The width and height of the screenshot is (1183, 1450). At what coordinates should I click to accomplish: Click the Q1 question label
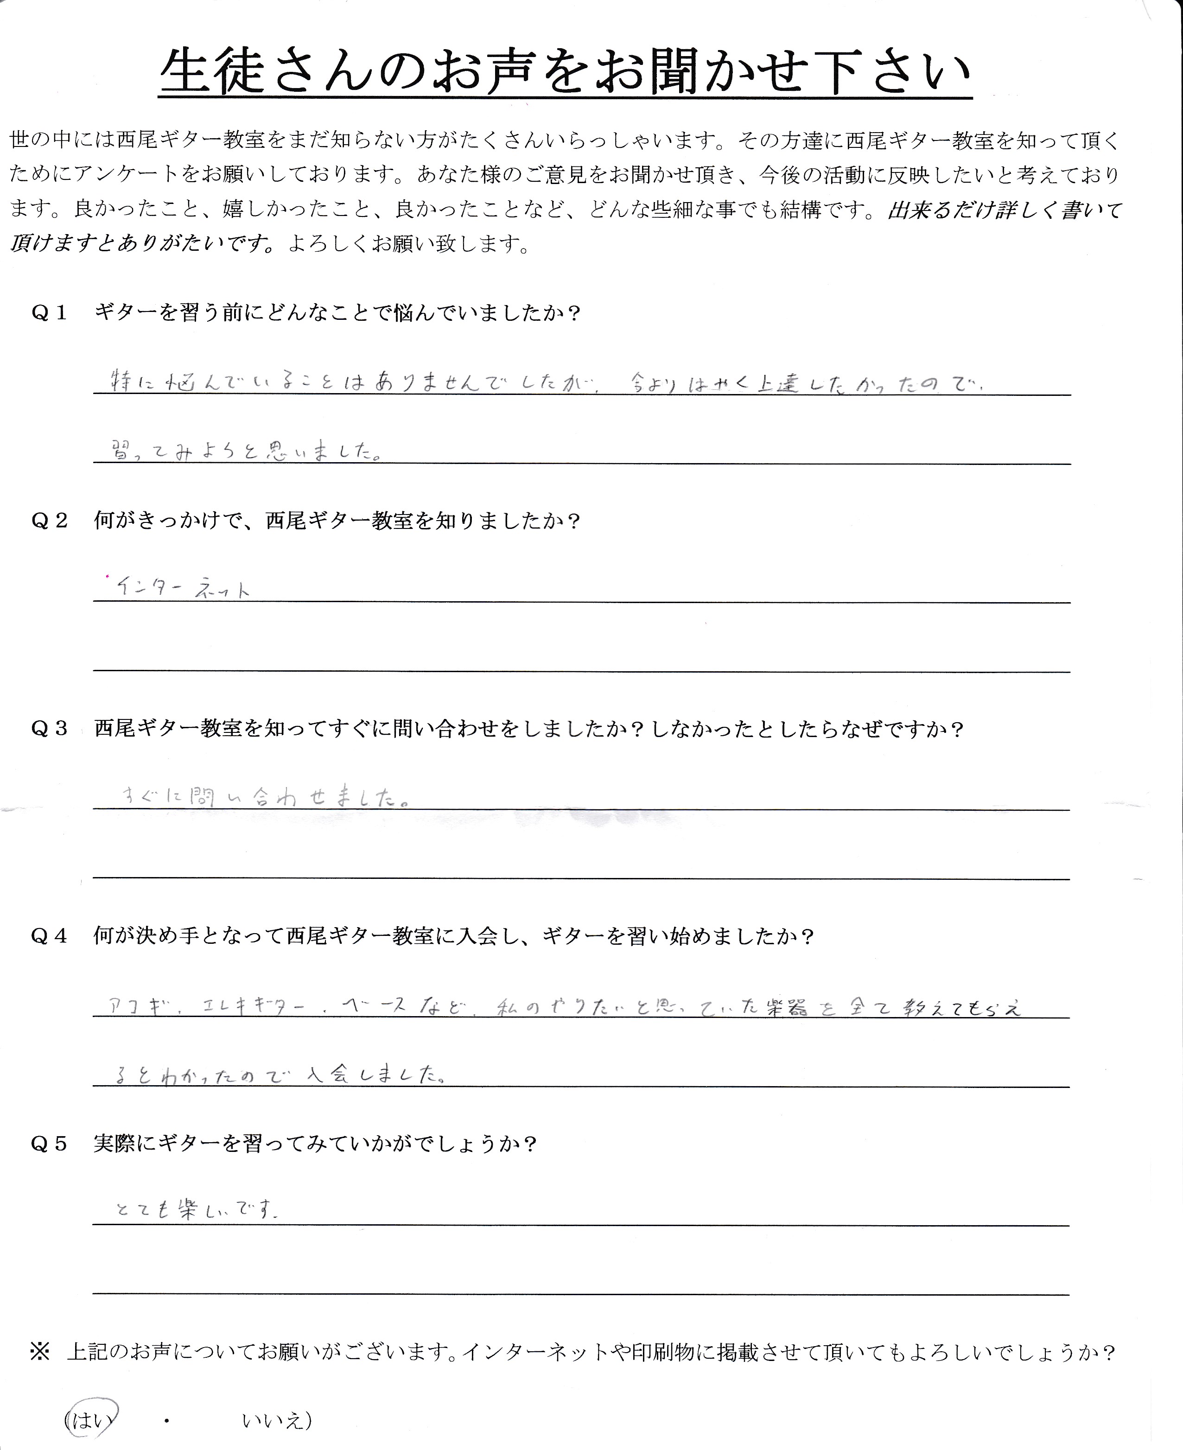[49, 313]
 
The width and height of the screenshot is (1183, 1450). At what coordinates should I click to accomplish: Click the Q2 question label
[49, 521]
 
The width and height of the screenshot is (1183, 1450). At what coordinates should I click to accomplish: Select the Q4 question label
[49, 936]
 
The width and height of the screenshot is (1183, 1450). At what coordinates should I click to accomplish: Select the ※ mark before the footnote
[39, 1352]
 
